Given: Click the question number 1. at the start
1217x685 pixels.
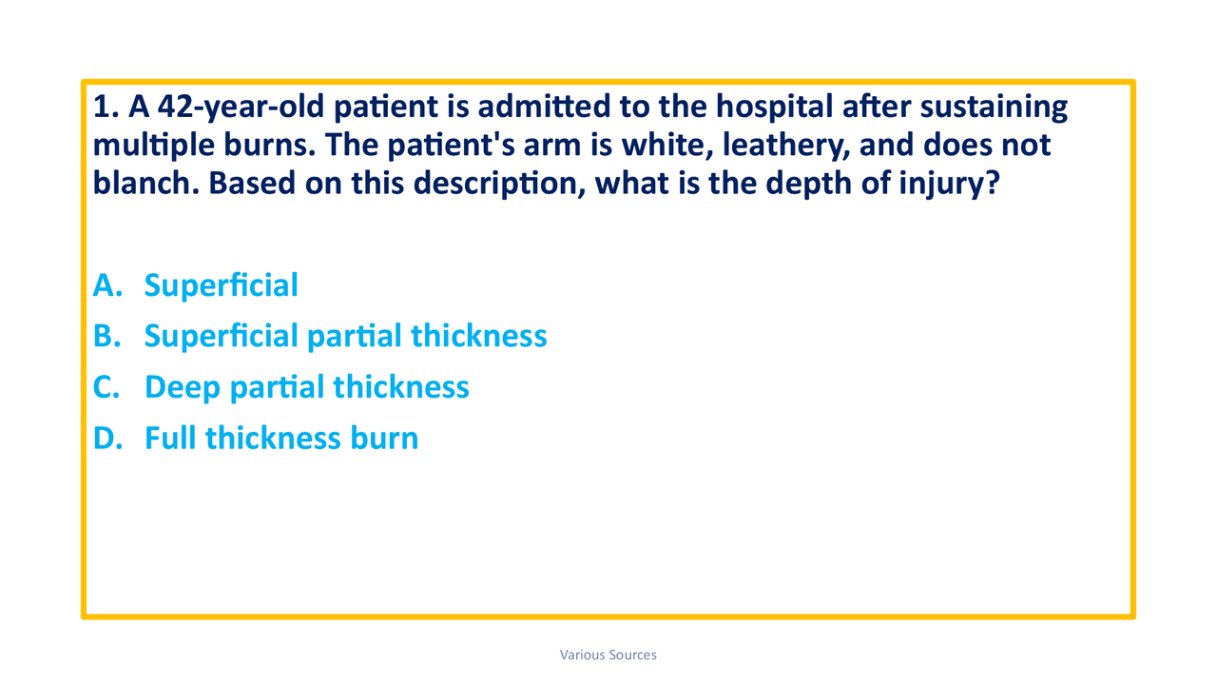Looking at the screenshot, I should [x=104, y=108].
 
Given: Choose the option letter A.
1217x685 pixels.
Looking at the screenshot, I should [x=106, y=284].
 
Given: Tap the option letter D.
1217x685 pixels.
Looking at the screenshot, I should [x=106, y=439].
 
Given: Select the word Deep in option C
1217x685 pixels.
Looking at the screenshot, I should [x=183, y=387].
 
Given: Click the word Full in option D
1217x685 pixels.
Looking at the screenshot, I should [x=170, y=439].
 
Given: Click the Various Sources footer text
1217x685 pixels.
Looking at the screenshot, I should [x=608, y=655].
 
